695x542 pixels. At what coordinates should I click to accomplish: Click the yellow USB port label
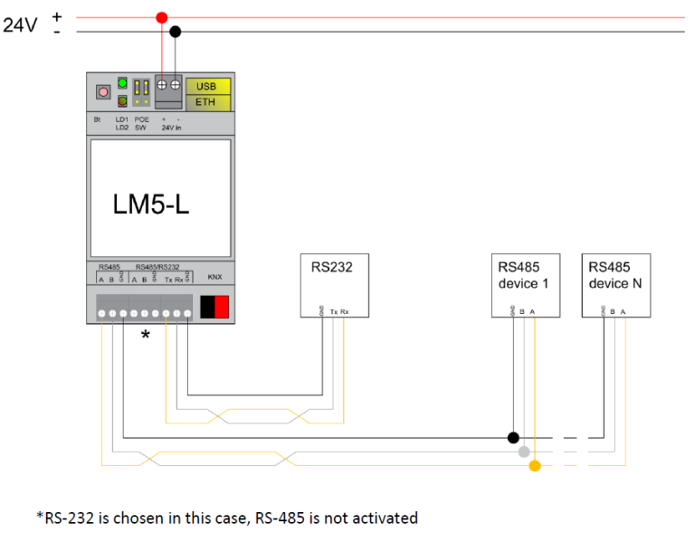[207, 86]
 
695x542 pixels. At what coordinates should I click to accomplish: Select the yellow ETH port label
[207, 101]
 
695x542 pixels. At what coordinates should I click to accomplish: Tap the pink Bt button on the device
[103, 91]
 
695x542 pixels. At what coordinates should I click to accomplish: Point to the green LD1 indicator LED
[121, 84]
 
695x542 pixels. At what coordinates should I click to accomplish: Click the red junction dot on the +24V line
[162, 17]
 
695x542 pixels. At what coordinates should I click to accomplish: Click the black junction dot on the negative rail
[176, 32]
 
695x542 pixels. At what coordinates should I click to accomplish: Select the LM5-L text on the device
[151, 204]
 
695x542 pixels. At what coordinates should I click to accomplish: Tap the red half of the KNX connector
[222, 308]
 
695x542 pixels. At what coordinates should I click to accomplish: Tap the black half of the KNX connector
[207, 308]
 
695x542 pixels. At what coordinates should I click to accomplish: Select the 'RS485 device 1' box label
[523, 276]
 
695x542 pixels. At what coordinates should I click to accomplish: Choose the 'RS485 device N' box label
[614, 276]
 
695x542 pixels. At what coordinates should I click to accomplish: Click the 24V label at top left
[21, 25]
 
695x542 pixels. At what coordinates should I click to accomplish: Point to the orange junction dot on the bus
[535, 466]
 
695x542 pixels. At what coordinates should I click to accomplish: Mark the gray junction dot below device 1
[524, 451]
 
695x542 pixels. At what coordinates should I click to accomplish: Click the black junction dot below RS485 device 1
[513, 437]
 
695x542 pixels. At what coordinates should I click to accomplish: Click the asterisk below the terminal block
[145, 336]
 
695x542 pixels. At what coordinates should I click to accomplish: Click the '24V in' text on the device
[170, 128]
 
